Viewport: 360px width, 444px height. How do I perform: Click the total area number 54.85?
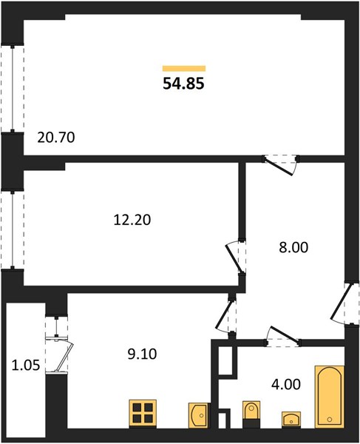[183, 84]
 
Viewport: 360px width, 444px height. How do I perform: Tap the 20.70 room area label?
[56, 138]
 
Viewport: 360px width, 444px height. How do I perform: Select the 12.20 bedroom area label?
[132, 220]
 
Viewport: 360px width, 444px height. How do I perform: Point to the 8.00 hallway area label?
[293, 247]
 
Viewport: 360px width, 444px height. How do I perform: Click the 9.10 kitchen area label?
[142, 354]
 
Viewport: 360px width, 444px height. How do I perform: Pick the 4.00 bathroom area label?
[286, 385]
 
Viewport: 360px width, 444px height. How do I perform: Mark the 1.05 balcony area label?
[26, 366]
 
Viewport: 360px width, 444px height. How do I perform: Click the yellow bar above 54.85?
[184, 68]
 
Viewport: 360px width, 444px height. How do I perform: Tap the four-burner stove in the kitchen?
[143, 413]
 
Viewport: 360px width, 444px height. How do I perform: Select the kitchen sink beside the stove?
[199, 415]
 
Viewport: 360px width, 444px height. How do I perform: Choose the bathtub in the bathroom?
[330, 397]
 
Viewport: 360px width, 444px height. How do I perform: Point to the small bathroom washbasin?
[291, 419]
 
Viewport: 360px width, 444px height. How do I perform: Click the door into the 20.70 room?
[280, 165]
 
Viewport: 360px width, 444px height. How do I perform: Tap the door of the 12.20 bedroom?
[235, 257]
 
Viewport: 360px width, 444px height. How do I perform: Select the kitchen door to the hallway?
[225, 317]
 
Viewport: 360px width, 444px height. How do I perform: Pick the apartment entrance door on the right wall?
[343, 303]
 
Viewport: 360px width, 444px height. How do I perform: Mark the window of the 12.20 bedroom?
[13, 229]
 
